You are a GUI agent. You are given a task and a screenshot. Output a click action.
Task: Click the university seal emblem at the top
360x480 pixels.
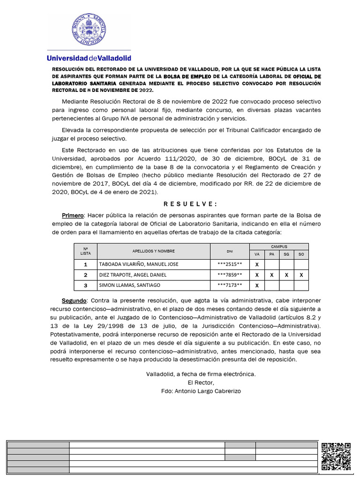pos(89,29)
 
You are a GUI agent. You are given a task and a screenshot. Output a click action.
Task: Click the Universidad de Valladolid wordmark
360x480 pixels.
pos(89,58)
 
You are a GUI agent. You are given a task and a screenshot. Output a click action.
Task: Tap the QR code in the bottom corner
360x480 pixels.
pos(337,456)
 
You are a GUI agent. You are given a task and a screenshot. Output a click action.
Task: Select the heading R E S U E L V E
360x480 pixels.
pos(190,204)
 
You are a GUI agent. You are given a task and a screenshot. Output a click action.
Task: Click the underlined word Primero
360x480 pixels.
pos(73,215)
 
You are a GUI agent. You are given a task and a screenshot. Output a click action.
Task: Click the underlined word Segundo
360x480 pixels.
pos(74,300)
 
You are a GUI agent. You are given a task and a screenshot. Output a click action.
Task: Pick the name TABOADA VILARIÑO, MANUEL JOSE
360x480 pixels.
pos(138,264)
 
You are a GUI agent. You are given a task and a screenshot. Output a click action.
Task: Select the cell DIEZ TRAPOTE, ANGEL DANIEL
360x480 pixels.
pos(132,275)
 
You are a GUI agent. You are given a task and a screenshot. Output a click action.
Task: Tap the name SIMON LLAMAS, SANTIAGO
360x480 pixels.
pos(129,285)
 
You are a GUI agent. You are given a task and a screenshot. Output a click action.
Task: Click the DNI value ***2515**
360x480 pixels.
pos(230,264)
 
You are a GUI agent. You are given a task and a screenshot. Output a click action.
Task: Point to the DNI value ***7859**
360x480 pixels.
pos(230,275)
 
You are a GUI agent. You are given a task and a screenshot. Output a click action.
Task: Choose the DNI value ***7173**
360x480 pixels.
pos(230,285)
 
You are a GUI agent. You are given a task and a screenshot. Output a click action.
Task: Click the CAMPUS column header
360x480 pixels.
pos(279,246)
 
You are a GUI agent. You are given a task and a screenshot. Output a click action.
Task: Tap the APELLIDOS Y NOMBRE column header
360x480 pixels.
pos(153,251)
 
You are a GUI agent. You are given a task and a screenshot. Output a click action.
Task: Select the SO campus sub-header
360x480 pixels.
pos(301,254)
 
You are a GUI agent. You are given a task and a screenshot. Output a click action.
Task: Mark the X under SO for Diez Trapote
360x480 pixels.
pos(301,275)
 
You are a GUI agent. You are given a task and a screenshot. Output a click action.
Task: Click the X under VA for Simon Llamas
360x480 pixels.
pos(257,285)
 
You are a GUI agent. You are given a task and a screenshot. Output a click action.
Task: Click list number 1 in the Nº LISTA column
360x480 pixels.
pos(85,264)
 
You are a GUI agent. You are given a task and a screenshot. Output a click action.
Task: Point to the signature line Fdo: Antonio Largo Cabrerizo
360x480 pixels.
pos(201,391)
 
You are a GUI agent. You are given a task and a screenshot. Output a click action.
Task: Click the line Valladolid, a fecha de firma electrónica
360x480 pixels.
pos(201,374)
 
